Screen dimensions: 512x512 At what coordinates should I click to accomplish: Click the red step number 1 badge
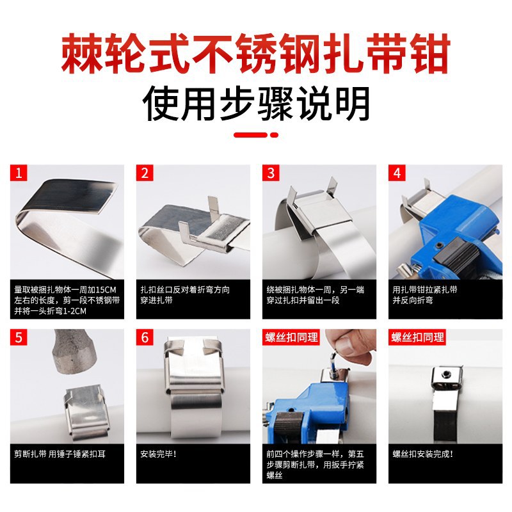click(19, 173)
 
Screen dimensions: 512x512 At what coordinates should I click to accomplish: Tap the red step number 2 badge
click(145, 173)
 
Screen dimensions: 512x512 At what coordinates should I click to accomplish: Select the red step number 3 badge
click(271, 173)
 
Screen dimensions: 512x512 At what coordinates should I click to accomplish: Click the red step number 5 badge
click(19, 337)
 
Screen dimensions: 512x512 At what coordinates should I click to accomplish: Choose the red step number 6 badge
click(145, 337)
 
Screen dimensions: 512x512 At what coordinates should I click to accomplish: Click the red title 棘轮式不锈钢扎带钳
click(256, 55)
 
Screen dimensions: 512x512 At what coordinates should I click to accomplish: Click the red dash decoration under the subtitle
click(256, 135)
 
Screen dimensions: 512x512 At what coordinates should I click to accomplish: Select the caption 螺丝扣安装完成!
click(423, 454)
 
